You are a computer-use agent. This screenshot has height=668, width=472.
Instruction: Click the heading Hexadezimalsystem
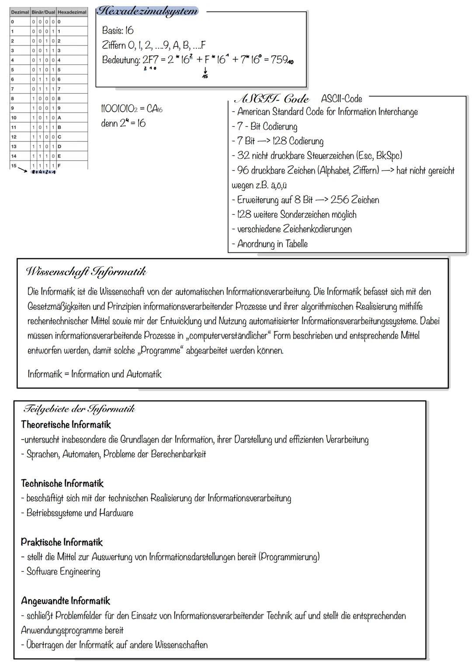(x=147, y=11)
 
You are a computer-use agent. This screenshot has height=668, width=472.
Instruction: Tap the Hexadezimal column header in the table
(x=72, y=12)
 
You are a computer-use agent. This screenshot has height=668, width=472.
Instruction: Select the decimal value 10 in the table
(x=14, y=118)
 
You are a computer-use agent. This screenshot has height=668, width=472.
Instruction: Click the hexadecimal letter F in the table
(x=59, y=166)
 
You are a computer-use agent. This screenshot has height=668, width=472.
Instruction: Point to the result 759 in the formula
(x=280, y=60)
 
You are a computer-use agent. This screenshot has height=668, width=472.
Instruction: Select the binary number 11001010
(x=119, y=109)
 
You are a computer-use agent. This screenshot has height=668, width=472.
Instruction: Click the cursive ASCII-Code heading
(x=271, y=99)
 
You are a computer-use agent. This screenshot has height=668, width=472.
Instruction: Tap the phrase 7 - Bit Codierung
(x=267, y=126)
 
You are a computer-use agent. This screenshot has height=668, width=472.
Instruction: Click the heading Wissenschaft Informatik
(x=86, y=272)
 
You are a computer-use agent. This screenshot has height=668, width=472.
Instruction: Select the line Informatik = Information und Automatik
(x=94, y=374)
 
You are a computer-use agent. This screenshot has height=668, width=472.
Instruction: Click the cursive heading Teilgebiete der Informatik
(x=79, y=409)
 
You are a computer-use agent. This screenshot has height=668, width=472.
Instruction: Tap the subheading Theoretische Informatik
(x=66, y=425)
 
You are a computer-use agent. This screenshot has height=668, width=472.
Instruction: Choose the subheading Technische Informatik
(x=62, y=483)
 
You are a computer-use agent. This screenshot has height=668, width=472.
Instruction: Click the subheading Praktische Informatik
(x=62, y=542)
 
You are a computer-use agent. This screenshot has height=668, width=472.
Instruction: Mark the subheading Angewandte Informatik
(x=66, y=601)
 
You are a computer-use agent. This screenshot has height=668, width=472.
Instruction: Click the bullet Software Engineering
(x=63, y=572)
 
